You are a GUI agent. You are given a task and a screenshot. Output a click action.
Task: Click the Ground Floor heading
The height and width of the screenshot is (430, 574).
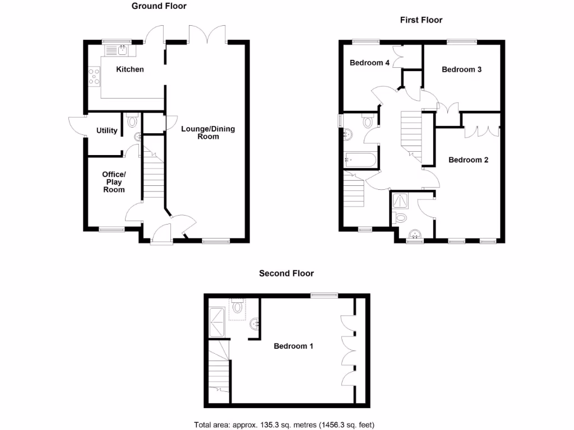pos(159,6)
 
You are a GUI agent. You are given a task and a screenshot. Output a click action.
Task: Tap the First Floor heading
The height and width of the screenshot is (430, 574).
pos(421,20)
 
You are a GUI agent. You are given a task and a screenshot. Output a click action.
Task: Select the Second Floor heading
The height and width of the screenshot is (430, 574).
pos(286,273)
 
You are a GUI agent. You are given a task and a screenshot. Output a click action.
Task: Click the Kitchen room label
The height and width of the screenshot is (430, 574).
pos(130,69)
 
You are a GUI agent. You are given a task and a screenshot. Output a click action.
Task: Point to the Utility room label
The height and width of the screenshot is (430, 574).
pos(107,130)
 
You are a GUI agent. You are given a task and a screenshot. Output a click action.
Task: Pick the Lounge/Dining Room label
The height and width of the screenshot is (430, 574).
pos(208,132)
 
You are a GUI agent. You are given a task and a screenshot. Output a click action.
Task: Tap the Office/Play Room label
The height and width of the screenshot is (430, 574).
pos(114,181)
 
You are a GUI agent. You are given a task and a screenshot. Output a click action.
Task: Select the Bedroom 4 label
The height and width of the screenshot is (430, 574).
pos(369,63)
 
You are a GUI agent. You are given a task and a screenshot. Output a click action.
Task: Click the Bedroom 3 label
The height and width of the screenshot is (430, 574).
pos(461,69)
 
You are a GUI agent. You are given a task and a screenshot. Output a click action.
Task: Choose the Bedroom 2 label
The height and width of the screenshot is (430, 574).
pos(468,160)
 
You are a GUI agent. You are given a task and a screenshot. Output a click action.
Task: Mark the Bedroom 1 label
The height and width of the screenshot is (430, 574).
pos(293,346)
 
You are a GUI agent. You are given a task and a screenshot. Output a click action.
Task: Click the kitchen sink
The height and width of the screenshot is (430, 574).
pos(117,50)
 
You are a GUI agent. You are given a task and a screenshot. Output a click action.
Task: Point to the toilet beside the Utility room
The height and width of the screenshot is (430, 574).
pos(132,120)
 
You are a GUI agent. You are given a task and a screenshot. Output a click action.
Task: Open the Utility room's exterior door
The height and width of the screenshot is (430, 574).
pos(75,125)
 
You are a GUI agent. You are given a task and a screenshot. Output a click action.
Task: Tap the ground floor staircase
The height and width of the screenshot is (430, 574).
pos(152,176)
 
